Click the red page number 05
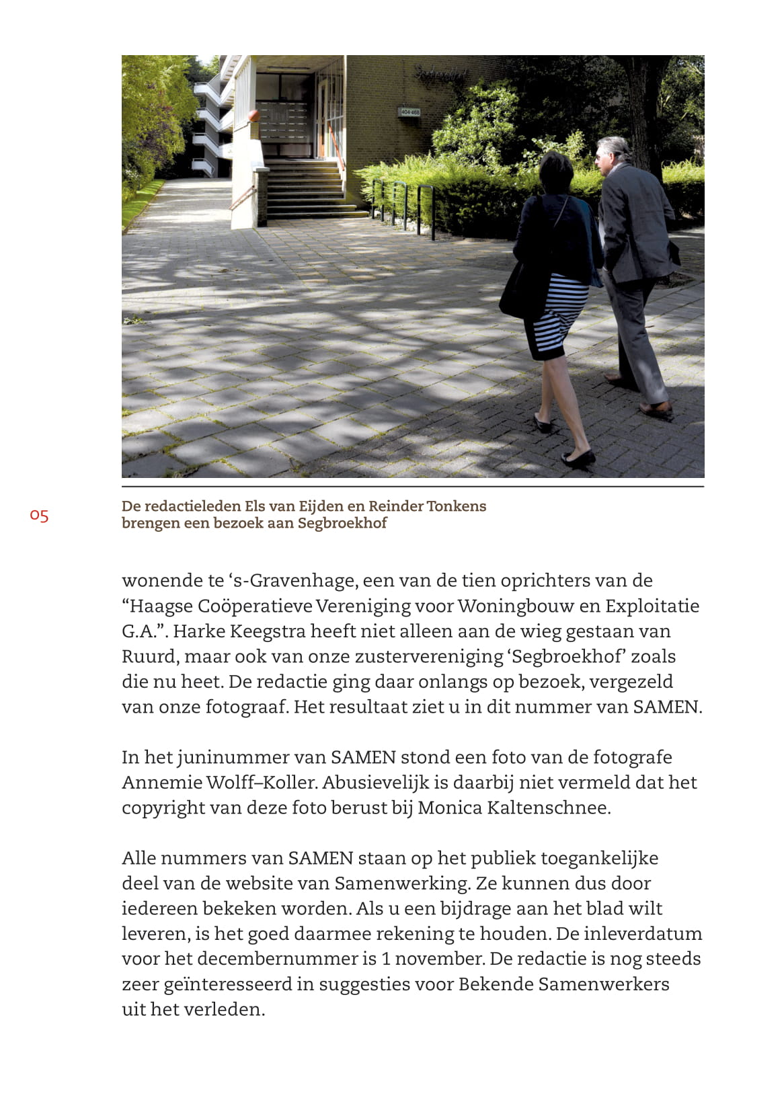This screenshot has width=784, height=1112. coord(39,516)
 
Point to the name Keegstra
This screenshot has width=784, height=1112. coord(263,631)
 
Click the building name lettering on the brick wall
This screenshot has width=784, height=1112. coord(440,73)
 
